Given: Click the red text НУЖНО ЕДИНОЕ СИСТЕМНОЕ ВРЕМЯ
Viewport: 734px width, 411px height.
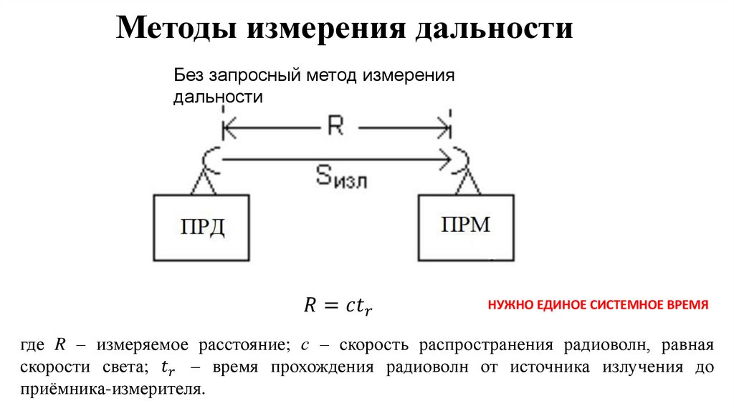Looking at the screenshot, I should pyautogui.click(x=598, y=305).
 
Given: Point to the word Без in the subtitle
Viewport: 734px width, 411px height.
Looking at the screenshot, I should pyautogui.click(x=188, y=76).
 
